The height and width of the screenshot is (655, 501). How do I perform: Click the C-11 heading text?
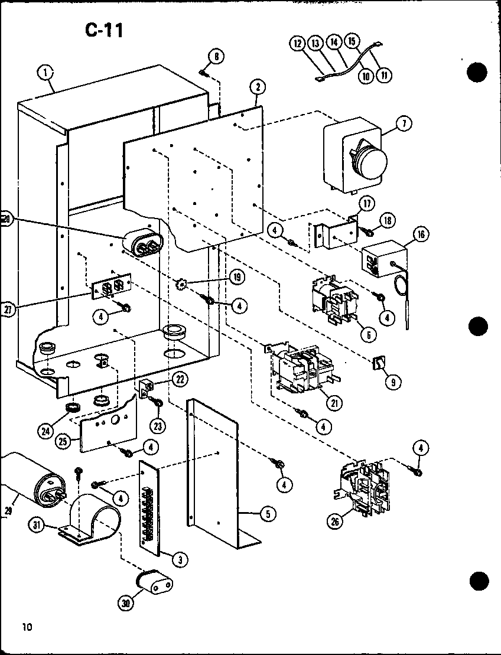pyautogui.click(x=104, y=30)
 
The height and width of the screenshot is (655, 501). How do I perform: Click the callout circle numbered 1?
pyautogui.click(x=45, y=74)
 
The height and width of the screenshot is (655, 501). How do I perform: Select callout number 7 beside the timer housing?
pyautogui.click(x=405, y=123)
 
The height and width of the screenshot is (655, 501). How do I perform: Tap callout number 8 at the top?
pyautogui.click(x=216, y=57)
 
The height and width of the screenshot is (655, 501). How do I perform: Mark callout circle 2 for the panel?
pyautogui.click(x=257, y=87)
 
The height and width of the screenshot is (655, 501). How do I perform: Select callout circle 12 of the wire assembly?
pyautogui.click(x=298, y=43)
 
